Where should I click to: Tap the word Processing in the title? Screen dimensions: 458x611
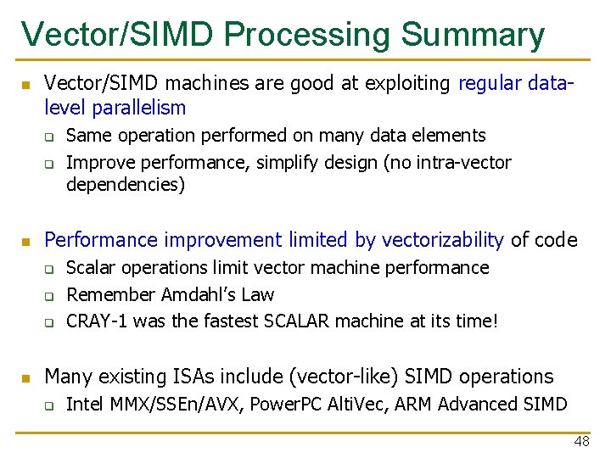click(309, 35)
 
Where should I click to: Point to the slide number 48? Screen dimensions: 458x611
click(581, 441)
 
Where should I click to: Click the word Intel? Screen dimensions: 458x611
click(85, 404)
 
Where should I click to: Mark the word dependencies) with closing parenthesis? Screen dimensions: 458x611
click(126, 184)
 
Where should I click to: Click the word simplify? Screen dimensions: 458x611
click(283, 161)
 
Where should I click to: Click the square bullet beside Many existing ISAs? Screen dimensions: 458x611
click(25, 377)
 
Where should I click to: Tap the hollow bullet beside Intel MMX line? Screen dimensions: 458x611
click(50, 405)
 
